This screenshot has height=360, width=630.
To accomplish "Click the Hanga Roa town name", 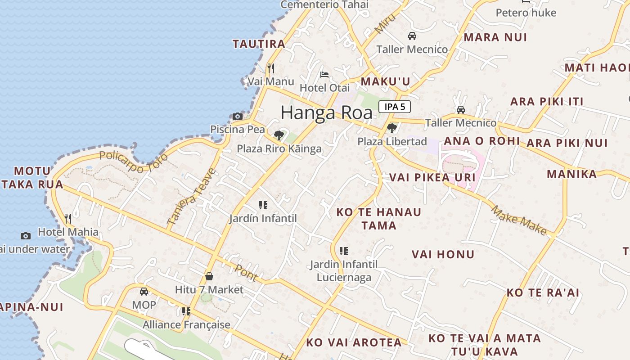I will click(327, 112).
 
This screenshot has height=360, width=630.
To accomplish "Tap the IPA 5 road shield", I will click(395, 107).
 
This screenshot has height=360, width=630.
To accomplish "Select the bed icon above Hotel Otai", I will click(324, 75).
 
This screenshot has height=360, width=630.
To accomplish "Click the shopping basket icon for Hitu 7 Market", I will click(209, 276).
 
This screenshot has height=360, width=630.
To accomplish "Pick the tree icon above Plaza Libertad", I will click(392, 128).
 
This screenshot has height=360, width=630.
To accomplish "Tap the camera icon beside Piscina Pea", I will click(238, 116).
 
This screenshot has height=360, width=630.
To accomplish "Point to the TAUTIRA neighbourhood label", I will click(259, 44).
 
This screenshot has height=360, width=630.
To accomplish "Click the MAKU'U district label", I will click(386, 81).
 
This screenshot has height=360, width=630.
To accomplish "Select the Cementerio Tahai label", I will click(324, 4).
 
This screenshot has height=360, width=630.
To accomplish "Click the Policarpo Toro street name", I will click(133, 162).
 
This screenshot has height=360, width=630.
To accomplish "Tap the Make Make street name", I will click(519, 220).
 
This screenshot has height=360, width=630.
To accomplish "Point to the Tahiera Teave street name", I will click(191, 197).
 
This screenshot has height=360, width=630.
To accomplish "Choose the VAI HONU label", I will click(443, 255).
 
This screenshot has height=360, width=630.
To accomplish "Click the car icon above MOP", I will click(144, 292).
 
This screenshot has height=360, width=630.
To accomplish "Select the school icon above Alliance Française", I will click(186, 311).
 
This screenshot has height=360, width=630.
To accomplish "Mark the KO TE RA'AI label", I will click(543, 292).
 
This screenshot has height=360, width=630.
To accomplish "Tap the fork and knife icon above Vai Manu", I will click(271, 68).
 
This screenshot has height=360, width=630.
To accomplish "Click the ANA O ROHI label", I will click(481, 141).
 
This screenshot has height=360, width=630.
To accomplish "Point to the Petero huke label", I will click(526, 13).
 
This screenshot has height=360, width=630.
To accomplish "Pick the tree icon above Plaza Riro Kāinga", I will click(279, 135).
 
